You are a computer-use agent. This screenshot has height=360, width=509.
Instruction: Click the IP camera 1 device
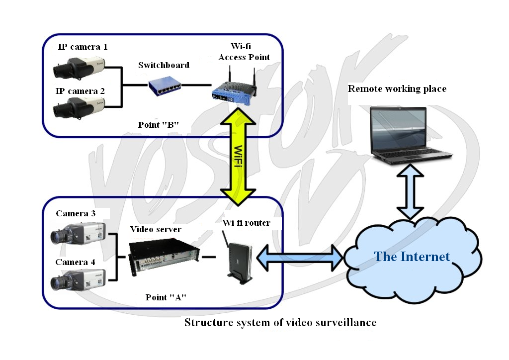[79, 67]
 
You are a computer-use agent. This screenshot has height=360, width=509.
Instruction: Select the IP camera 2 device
[79, 107]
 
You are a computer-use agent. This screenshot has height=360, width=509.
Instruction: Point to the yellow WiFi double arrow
[238, 157]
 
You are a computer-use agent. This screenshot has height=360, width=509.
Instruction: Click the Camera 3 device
[78, 233]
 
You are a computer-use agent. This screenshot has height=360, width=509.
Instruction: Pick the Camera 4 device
[78, 279]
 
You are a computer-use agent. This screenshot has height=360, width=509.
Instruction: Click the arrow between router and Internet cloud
[300, 258]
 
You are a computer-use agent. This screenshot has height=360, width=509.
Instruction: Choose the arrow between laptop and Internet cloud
[410, 191]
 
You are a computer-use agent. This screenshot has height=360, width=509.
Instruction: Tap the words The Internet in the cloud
[412, 257]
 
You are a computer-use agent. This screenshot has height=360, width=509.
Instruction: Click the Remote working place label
[397, 89]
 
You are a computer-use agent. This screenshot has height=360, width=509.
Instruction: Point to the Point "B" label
[159, 125]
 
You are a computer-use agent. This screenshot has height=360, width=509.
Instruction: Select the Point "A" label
[166, 297]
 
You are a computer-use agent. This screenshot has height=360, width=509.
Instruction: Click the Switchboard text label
[164, 65]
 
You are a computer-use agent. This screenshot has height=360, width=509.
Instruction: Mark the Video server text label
[156, 229]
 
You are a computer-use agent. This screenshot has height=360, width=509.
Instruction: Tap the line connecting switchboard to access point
[197, 86]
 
